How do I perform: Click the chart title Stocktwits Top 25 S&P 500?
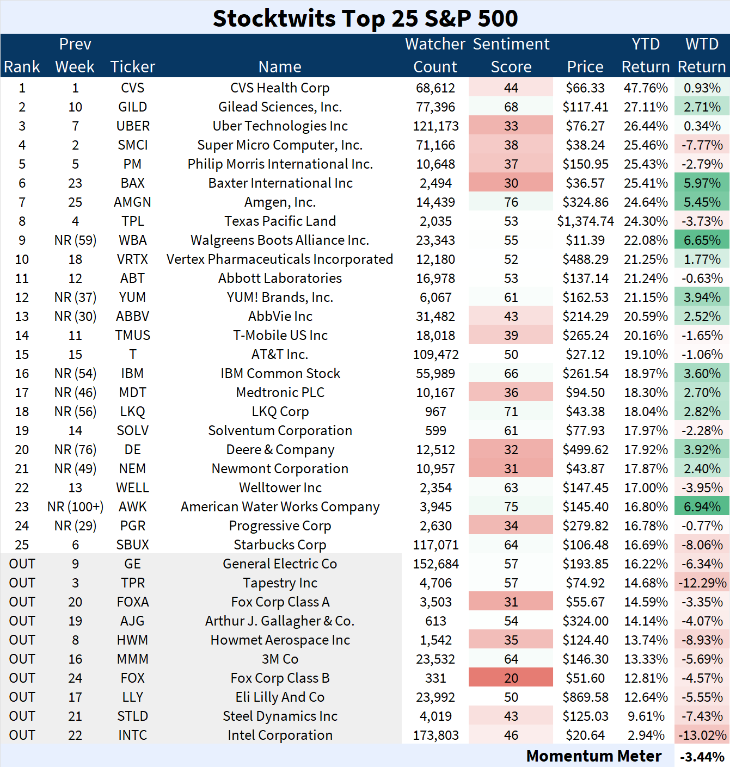(365, 18)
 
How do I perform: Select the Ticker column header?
(132, 66)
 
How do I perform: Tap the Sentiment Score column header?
(511, 55)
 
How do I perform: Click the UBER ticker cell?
(132, 126)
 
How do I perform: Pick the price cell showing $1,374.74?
(585, 221)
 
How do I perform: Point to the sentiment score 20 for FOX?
(511, 678)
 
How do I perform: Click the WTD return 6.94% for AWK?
(702, 507)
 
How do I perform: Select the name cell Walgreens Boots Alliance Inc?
(280, 240)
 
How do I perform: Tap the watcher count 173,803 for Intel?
(435, 735)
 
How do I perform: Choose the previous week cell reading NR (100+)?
(75, 507)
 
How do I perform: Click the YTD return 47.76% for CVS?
(646, 88)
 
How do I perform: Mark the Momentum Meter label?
(593, 756)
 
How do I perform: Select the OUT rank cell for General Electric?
(22, 564)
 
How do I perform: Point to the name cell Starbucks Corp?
(280, 545)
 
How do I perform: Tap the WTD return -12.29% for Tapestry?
(702, 583)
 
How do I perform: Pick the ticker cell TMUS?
(132, 336)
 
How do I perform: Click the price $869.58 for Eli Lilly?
(585, 697)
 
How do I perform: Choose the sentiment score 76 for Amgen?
(511, 202)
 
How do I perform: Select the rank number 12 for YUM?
(22, 298)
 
